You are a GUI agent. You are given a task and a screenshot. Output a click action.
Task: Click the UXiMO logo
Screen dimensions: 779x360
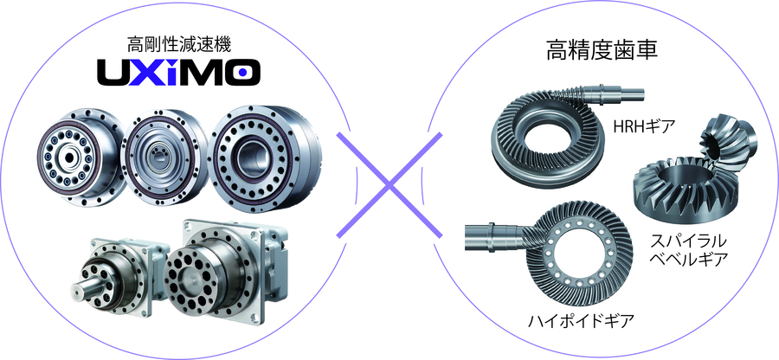pyautogui.click(x=177, y=72)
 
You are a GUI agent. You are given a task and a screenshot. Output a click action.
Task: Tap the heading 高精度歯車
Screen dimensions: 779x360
pyautogui.click(x=602, y=50)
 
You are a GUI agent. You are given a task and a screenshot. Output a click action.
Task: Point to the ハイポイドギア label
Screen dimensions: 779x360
pyautogui.click(x=582, y=321)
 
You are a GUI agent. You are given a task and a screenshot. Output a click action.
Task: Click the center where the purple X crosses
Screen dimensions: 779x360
pyautogui.click(x=389, y=184)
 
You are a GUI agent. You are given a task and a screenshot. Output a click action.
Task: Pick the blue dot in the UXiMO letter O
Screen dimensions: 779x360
pyautogui.click(x=242, y=73)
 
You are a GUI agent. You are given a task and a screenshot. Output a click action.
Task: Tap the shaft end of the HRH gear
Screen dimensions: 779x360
pyautogui.click(x=632, y=92)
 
